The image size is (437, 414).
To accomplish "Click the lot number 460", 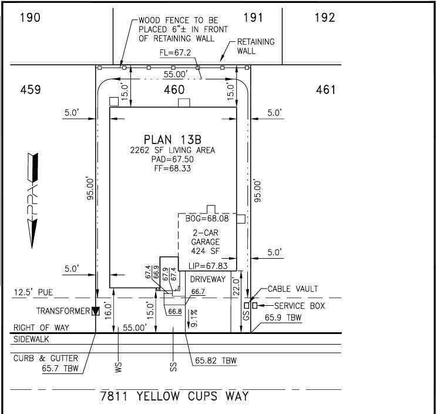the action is point(174,89).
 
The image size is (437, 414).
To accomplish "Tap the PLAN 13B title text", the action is point(173,139).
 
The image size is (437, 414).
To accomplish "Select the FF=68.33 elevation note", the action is point(173,169).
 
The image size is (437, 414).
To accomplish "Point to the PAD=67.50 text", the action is point(173,159).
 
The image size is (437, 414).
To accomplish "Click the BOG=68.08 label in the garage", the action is point(207,218).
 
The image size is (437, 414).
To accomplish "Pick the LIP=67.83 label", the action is point(208,266).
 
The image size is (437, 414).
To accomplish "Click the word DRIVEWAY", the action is point(208,279).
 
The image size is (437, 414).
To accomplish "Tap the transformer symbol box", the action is point(96,311).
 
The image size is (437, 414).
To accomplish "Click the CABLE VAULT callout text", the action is point(293,289).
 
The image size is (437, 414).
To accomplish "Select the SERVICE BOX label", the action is point(300,306).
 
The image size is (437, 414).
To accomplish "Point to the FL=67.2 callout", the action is point(175,53).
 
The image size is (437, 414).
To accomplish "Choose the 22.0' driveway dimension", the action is point(236,287).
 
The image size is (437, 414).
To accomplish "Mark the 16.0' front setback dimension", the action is point(108,310).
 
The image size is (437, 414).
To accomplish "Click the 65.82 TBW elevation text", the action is point(216,360).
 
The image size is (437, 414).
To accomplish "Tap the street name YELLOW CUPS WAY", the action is point(193,396).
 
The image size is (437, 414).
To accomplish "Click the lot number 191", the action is point(253,18).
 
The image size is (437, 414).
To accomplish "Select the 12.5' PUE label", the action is point(33,292).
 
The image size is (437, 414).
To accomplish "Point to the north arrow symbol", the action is point(33,201).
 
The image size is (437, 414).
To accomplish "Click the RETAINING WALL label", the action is point(256,46).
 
